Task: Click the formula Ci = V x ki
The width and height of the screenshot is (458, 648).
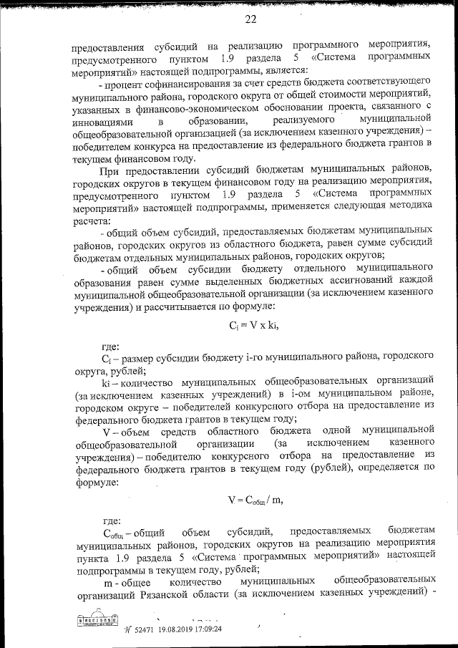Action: click(x=253, y=325)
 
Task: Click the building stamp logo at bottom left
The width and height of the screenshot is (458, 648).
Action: click(x=93, y=621)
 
